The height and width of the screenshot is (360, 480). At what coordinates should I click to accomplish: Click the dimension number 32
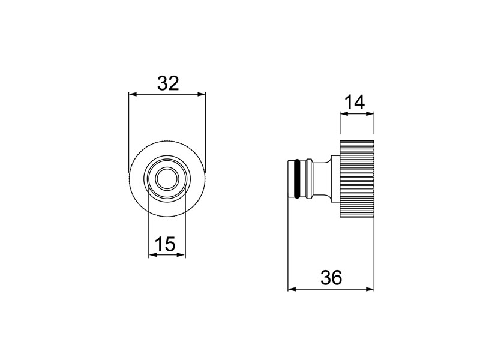168,83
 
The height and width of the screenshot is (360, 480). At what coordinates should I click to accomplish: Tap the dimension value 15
165,244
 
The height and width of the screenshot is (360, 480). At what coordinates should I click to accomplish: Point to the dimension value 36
331,277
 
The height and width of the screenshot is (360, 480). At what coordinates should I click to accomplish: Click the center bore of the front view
167,178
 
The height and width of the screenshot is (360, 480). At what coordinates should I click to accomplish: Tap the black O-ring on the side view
296,178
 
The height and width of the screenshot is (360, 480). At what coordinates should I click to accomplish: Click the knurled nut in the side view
357,178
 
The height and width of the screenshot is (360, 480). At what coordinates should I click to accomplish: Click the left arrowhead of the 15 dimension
152,255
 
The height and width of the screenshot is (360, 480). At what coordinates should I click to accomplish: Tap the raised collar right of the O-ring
308,178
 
